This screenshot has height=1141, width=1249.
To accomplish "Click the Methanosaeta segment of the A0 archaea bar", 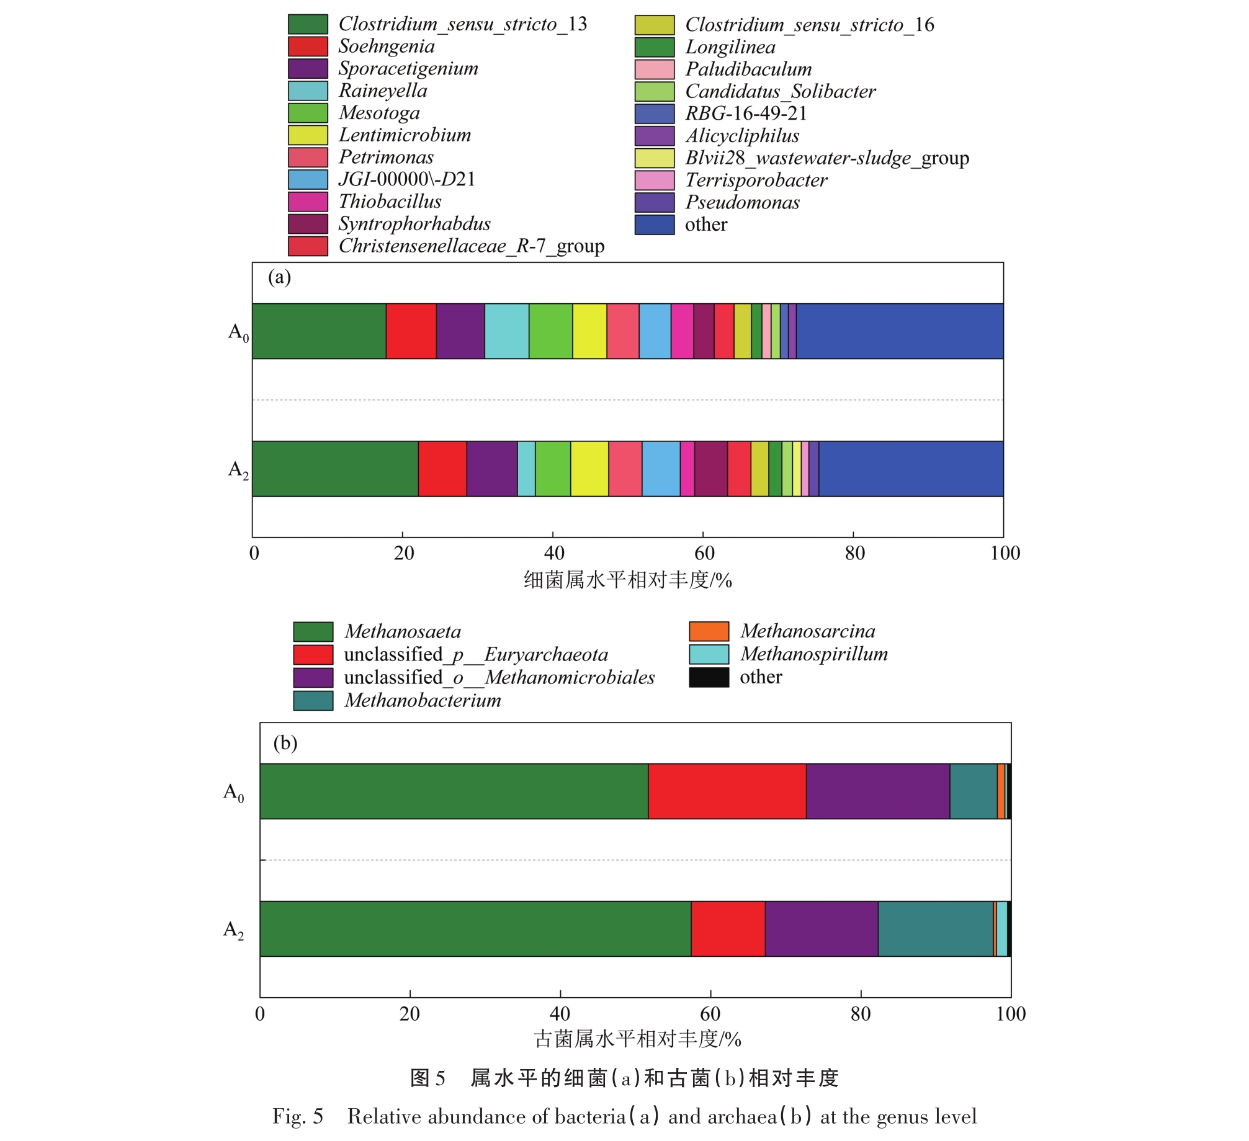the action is (454, 791).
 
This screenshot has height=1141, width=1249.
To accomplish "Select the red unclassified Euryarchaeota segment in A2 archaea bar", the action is (728, 929).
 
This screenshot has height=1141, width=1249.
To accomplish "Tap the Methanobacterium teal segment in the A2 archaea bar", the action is (936, 929).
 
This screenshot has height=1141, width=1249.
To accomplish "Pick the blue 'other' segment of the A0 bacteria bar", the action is (900, 331).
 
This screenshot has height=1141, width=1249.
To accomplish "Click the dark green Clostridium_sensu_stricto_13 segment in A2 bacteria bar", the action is (336, 469).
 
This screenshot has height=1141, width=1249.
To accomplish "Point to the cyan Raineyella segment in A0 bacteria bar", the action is (507, 331).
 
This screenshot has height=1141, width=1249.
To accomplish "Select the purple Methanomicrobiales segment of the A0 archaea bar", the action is (878, 791).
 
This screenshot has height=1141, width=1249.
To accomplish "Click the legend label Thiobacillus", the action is (390, 202).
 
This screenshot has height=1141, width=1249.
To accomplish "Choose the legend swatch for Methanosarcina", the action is (709, 631).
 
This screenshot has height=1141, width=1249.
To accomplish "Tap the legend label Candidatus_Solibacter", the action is (781, 91).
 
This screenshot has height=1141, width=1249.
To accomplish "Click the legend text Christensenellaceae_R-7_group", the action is (472, 246).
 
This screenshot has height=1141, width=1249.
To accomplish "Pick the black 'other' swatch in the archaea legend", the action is (709, 677).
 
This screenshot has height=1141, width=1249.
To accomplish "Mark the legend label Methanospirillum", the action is (813, 654).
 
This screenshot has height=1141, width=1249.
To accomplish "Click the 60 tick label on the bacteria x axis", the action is (704, 553).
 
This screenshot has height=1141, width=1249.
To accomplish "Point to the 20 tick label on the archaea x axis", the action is (410, 1014).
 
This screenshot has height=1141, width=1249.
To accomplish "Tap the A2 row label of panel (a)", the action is (238, 470).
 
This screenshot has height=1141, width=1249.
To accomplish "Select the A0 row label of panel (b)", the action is (234, 793).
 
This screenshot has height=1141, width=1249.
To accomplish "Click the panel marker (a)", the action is (279, 277).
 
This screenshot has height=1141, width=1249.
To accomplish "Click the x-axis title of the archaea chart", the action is (638, 1040).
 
